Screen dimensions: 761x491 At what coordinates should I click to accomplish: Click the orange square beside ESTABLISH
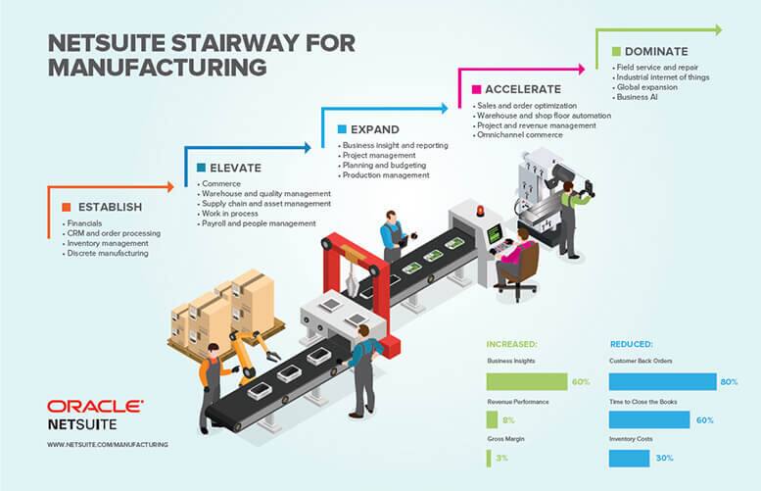67,207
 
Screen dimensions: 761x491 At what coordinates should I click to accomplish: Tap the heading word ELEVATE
235,168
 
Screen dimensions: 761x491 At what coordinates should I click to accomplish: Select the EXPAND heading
375,129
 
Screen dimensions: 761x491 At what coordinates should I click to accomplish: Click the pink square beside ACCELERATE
477,89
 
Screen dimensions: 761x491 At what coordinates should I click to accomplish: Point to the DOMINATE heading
656,52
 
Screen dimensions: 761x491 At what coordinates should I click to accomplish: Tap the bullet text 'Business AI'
638,97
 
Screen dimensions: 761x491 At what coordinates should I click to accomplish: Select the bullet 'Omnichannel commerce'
520,135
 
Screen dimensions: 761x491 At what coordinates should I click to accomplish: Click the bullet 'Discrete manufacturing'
108,254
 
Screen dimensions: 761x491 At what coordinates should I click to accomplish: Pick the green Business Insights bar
527,382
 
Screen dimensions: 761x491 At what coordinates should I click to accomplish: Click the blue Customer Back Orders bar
662,382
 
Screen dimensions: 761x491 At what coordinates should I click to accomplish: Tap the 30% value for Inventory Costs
664,458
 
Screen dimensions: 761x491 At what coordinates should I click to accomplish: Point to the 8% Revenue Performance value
508,420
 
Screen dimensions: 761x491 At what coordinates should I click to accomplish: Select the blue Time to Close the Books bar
649,419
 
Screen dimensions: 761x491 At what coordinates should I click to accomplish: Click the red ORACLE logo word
95,407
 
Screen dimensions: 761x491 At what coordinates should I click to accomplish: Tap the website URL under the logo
108,444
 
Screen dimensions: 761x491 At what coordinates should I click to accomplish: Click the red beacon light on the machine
480,212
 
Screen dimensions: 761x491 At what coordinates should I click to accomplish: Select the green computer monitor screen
495,234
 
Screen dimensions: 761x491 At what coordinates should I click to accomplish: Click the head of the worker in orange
214,351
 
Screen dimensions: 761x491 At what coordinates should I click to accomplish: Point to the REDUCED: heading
632,344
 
